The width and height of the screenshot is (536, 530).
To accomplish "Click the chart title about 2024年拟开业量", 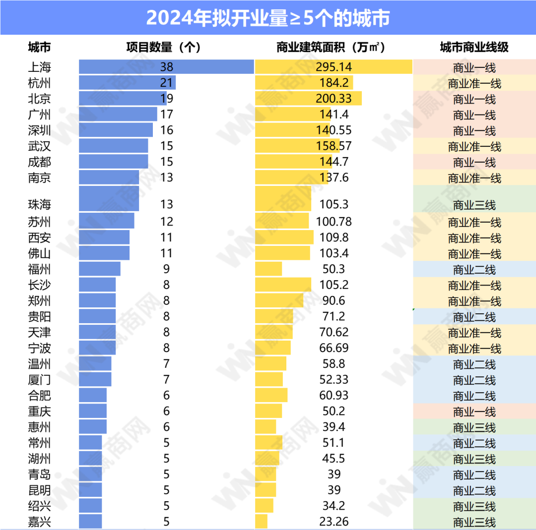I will coord(268,18).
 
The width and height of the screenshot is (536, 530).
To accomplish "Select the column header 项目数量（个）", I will coord(163,48).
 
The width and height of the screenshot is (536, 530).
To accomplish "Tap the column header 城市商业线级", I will coord(474,48).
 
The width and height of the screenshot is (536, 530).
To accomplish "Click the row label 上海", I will coord(39,66).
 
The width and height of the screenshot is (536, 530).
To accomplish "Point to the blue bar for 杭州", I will coord(127,82).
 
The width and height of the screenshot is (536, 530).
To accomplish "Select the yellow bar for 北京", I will coord(308,98).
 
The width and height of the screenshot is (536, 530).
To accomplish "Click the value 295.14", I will coord(334,66).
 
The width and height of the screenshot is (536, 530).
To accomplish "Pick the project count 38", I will coord(167,66).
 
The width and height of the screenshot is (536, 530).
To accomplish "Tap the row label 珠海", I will coord(39,204).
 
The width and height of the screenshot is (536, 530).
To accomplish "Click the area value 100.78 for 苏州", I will coord(334,222).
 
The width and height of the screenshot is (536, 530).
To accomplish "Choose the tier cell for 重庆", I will coord(474,412).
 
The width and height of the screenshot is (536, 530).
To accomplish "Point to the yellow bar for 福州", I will coord(268,269).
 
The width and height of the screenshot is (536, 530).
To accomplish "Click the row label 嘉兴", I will coord(39,522).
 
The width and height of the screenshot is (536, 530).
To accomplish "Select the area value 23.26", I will coord(334,522).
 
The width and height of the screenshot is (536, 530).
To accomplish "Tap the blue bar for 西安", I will coord(104,237).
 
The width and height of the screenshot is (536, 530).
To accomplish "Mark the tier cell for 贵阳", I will coord(474,317).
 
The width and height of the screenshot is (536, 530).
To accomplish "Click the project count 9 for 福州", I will coord(167,269).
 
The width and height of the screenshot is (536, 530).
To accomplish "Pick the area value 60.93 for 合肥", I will coord(334,396).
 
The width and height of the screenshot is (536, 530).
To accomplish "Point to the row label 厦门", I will coord(39,380).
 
